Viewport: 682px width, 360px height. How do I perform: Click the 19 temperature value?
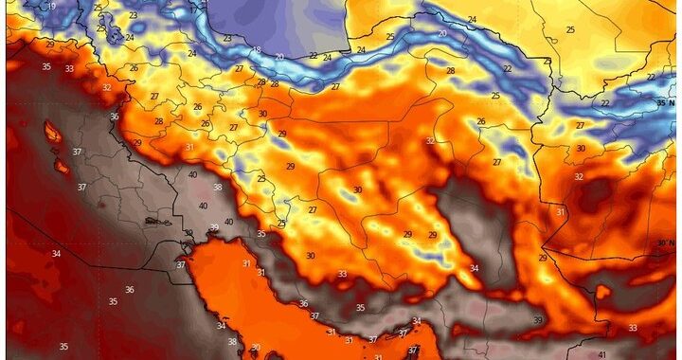click(51, 7)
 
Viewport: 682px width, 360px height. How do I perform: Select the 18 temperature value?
click(256, 50)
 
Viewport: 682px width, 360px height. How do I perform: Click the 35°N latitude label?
click(665, 101)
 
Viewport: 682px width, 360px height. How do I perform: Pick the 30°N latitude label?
click(665, 243)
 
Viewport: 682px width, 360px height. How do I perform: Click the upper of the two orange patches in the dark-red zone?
click(52, 131)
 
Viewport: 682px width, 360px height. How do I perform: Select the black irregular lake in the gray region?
click(153, 221)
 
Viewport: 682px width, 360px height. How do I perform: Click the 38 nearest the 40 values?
click(218, 187)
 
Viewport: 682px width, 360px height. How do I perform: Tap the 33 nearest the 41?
click(632, 328)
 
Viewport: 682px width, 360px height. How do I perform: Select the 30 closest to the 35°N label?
click(581, 148)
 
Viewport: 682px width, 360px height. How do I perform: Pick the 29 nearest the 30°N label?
click(543, 258)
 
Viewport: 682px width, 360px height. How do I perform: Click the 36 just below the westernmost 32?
click(114, 117)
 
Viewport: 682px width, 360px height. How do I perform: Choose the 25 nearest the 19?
click(99, 7)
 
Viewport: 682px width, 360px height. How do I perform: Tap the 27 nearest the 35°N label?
click(580, 125)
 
